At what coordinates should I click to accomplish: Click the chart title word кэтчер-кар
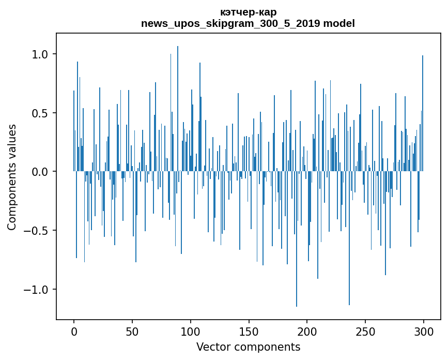click(x=248, y=12)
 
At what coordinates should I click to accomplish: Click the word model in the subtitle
click(x=338, y=24)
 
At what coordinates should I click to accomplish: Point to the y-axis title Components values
click(x=12, y=177)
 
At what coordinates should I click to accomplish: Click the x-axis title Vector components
click(x=248, y=347)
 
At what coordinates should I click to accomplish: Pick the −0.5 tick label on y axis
click(x=36, y=231)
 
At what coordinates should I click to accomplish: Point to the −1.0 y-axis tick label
click(x=36, y=289)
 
